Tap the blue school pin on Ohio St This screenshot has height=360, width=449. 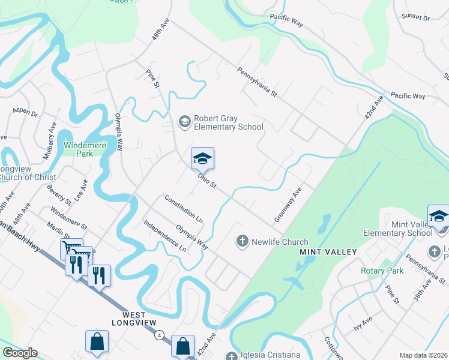coord(202,159)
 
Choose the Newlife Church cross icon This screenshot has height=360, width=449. coord(242,241)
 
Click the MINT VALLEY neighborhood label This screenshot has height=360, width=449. coord(328,252)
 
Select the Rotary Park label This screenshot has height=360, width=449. coord(381,271)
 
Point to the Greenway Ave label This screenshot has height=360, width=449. coord(287,204)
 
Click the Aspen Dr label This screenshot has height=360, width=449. coord(25,113)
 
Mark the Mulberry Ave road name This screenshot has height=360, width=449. coord(49,141)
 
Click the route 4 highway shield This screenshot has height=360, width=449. coord(159,334)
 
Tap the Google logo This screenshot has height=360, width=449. coord(20,353)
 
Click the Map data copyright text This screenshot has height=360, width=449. coord(423,355)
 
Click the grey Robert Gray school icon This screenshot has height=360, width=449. coord(184,122)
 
